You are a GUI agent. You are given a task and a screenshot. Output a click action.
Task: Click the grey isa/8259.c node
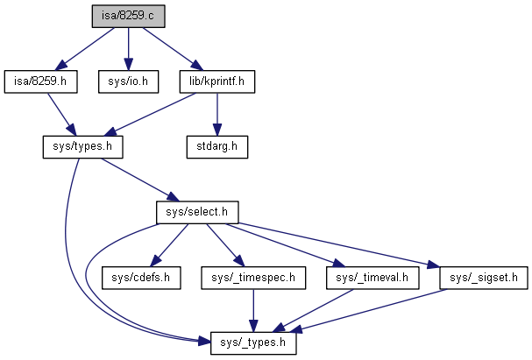tap(129, 16)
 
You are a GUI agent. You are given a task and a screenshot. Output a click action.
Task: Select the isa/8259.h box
tap(40, 81)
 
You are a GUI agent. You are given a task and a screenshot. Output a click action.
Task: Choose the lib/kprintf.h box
tap(216, 81)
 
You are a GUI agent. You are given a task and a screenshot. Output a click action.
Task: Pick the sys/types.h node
tap(83, 146)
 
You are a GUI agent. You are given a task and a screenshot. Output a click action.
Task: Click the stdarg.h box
tap(216, 146)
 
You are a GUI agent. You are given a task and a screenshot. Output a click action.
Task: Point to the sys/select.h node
tap(196, 212)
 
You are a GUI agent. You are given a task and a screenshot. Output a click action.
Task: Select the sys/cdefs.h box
tap(139, 278)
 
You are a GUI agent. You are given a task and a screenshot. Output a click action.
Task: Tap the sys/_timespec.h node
tap(253, 278)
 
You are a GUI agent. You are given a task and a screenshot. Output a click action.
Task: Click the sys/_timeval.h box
tap(372, 278)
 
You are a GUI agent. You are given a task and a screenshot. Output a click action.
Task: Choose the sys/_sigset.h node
tap(484, 278)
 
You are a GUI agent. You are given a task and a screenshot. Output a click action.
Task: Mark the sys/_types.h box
tap(253, 343)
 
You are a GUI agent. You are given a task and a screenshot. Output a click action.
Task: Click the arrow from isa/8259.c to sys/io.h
tap(128, 48)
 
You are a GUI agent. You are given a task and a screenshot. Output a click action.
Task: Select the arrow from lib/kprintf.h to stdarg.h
tap(216, 114)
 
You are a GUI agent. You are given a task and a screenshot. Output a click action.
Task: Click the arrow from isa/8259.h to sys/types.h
tap(60, 113)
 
